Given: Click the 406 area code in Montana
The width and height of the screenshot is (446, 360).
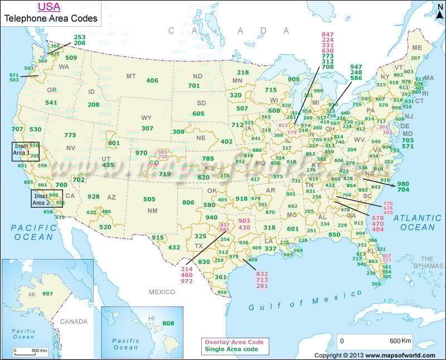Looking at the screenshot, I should pos(152,80).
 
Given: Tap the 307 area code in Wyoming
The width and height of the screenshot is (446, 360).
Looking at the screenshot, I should pos(147,128).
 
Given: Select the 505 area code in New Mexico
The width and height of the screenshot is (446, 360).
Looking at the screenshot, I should pos(149,199).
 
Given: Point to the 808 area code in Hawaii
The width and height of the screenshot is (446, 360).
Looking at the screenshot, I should pos(168,323).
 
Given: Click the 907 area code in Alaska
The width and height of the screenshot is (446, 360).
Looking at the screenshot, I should pos(47,294).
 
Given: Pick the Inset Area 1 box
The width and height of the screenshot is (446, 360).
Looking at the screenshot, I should pos(26,152).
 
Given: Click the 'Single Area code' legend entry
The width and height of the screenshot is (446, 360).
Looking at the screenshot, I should pos(229,349).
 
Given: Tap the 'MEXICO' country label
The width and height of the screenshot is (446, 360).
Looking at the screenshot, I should pos(162,292).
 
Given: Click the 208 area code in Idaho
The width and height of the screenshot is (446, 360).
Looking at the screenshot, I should pos(93,104).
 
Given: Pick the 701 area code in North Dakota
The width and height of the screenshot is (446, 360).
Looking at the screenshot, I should pos(193,85).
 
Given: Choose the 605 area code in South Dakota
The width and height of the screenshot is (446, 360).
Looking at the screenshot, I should pos(198,113).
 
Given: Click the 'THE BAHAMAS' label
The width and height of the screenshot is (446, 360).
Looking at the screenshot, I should pos(428,262).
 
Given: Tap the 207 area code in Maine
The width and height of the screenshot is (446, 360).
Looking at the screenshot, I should pos(415,57).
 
